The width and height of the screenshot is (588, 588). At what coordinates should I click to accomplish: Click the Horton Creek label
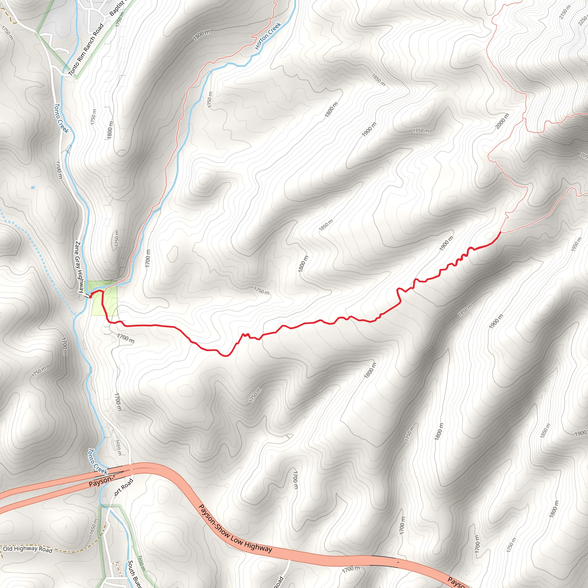(x=268, y=36)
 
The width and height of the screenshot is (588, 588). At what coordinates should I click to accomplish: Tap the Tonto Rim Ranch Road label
(x=86, y=50)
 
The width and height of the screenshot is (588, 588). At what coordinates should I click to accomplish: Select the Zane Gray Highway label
(x=79, y=267)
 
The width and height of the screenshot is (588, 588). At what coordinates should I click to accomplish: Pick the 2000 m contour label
(x=502, y=121)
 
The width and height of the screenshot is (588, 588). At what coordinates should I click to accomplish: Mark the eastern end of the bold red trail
(x=501, y=232)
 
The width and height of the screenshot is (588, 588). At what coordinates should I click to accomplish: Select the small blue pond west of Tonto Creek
(x=33, y=187)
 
